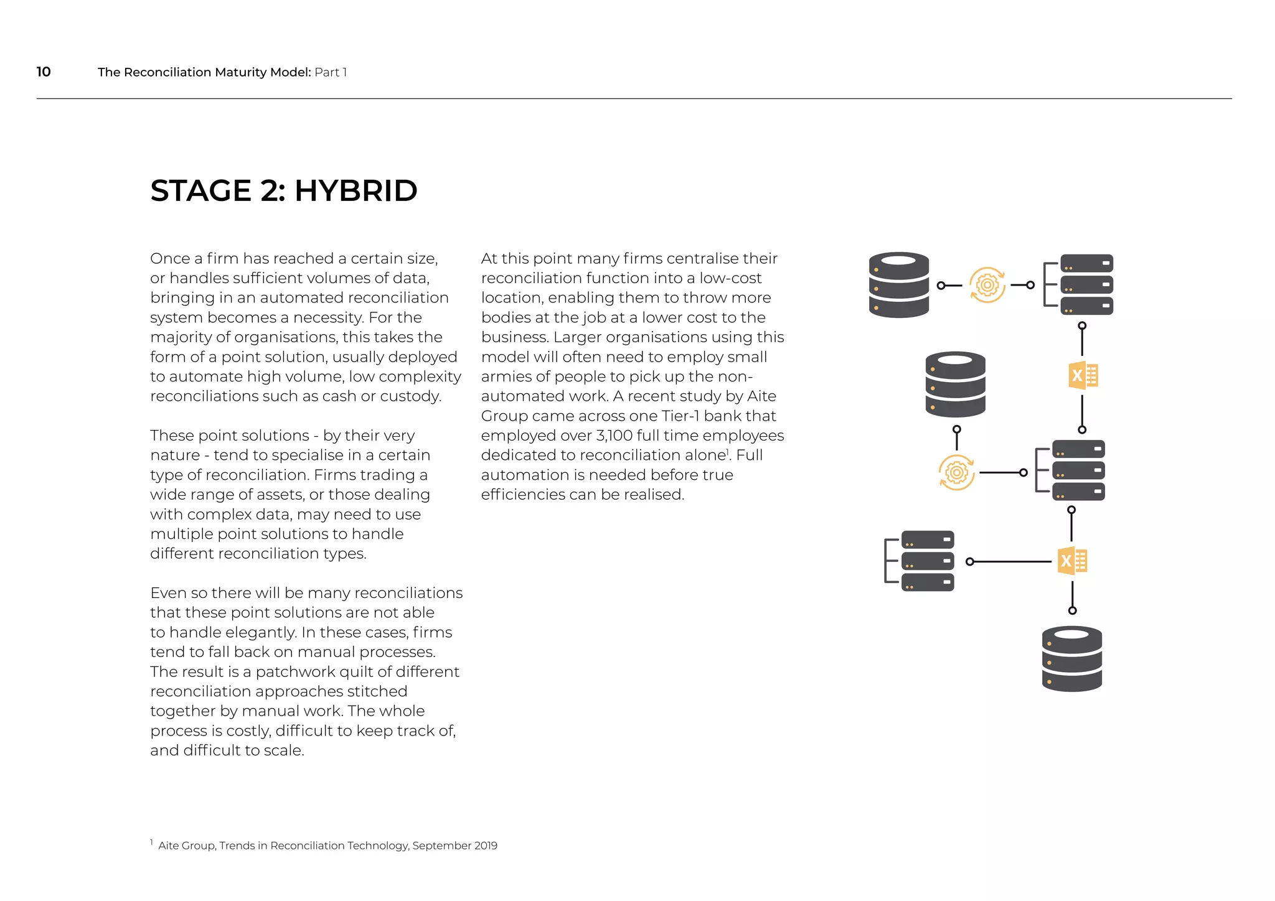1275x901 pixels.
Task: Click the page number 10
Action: (44, 72)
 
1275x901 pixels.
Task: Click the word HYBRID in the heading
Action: (355, 190)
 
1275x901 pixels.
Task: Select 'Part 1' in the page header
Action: (331, 72)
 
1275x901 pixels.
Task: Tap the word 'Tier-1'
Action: (679, 416)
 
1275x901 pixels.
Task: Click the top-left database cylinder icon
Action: (898, 285)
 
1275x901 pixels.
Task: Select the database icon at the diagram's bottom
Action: (1071, 659)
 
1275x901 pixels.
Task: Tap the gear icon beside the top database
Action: (987, 285)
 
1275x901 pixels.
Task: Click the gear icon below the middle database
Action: (956, 473)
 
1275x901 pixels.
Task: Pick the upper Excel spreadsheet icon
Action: (1083, 376)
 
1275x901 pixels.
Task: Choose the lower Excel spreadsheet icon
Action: (1072, 561)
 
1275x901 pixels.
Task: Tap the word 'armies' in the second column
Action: (505, 376)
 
